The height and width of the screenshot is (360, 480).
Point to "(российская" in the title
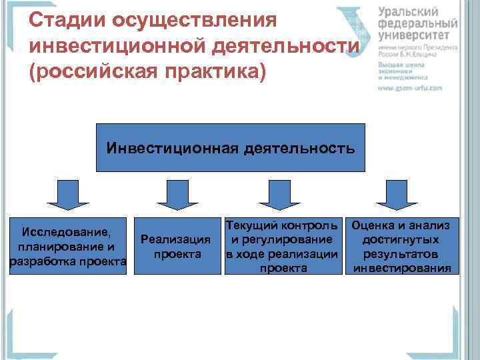91,71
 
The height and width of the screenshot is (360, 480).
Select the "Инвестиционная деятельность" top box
231,147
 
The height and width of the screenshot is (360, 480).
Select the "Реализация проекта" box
176,246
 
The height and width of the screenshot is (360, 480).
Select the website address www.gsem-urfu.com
411,87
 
